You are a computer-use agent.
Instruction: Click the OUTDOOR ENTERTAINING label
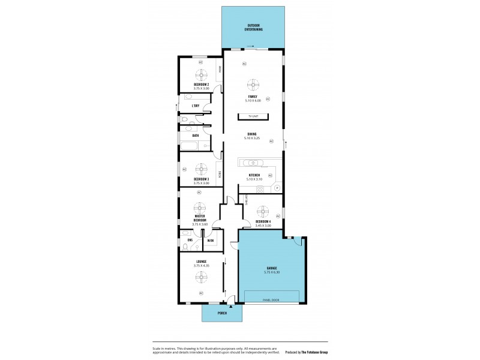pyautogui.click(x=253, y=28)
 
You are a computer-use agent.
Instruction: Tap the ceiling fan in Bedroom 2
pyautogui.click(x=201, y=74)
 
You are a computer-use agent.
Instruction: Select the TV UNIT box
pyautogui.click(x=253, y=116)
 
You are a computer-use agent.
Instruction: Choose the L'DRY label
pyautogui.click(x=196, y=106)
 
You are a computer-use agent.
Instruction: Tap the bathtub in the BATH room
pyautogui.click(x=194, y=145)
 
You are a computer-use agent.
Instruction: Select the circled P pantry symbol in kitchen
pyautogui.click(x=277, y=188)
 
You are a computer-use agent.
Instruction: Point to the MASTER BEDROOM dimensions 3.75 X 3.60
pyautogui.click(x=200, y=224)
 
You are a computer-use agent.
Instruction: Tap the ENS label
pyautogui.click(x=190, y=241)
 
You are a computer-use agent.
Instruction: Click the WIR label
pyautogui.click(x=211, y=241)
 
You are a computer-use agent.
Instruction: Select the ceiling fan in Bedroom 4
pyautogui.click(x=262, y=211)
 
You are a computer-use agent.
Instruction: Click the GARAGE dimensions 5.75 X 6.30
pyautogui.click(x=272, y=272)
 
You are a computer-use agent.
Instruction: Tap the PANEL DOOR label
pyautogui.click(x=271, y=298)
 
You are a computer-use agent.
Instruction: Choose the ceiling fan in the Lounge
pyautogui.click(x=201, y=276)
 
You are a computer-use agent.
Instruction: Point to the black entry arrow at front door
pyautogui.click(x=230, y=305)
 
